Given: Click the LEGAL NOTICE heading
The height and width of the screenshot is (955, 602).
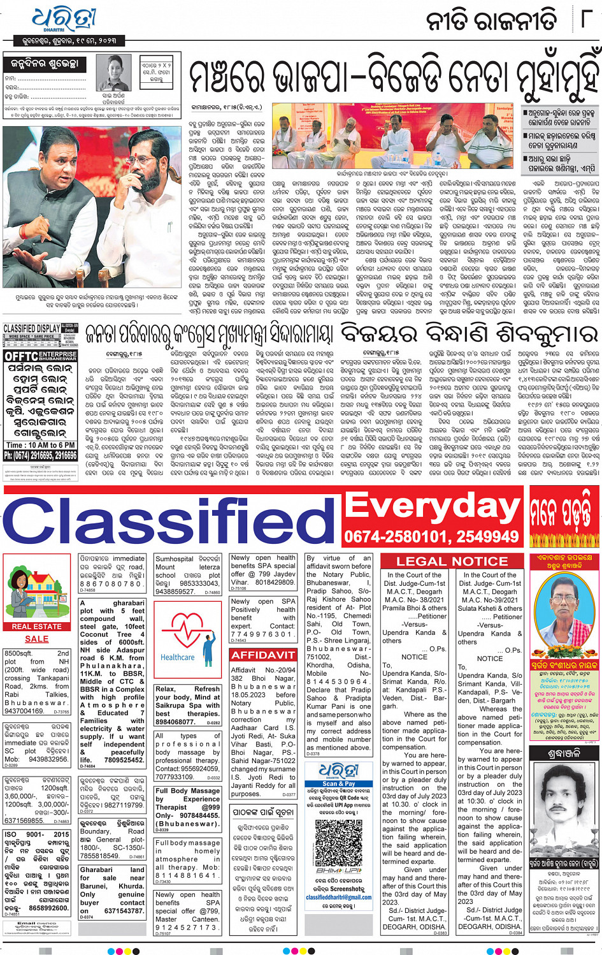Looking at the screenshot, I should click(452, 561).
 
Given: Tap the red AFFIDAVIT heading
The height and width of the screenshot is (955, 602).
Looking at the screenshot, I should click(263, 655).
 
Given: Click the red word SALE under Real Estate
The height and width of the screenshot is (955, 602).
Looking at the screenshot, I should click(36, 638).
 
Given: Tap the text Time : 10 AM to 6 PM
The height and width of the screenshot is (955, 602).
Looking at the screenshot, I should click(40, 445).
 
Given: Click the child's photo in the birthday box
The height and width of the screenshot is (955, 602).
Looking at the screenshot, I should click(113, 74).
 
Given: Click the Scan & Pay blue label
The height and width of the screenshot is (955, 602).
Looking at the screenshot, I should click(338, 784).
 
